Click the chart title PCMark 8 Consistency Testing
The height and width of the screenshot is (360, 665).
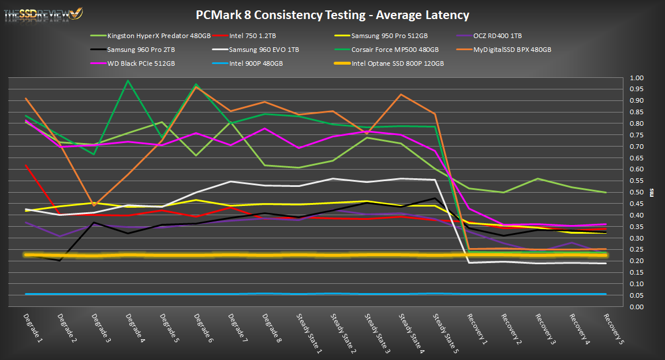pos(332,15)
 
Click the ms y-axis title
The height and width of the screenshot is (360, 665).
pos(652,192)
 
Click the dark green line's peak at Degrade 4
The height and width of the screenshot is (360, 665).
pos(127,81)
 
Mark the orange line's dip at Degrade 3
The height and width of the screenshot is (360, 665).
pos(94,205)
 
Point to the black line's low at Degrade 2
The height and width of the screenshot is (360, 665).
pos(61,260)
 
